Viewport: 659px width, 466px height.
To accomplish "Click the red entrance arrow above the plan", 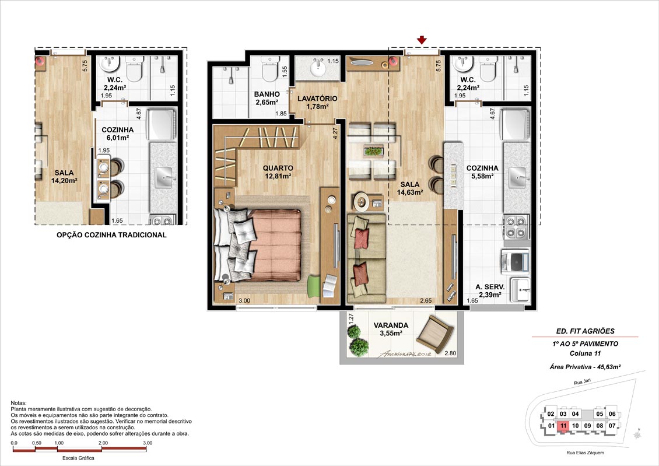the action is [422, 40].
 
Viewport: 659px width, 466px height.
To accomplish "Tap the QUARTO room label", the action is [278, 168].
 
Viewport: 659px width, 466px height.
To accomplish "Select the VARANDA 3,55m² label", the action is [391, 329].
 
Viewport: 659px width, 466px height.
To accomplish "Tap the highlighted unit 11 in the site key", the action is [563, 426].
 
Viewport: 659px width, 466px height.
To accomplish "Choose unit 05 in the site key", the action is [600, 414].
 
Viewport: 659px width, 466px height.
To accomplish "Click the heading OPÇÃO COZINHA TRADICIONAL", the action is [111, 235].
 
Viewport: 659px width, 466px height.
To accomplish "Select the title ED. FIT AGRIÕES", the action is [585, 331].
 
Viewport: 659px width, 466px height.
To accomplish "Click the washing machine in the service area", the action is [514, 261].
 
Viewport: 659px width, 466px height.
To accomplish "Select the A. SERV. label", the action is [490, 287].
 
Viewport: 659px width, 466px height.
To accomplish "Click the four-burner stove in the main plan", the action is [516, 227].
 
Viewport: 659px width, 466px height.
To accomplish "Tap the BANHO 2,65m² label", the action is [267, 99].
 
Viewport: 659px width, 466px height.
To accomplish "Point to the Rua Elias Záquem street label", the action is [585, 453].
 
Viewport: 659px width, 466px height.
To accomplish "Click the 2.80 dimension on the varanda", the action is [450, 353].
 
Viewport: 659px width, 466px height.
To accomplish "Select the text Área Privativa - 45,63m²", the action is [585, 367].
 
